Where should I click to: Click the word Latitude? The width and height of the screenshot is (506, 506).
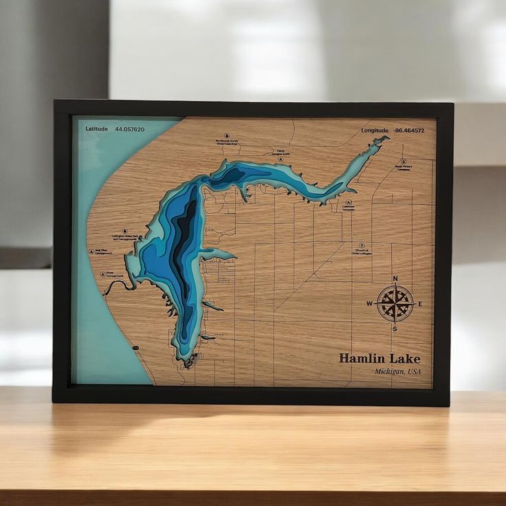pyautogui.click(x=97, y=129)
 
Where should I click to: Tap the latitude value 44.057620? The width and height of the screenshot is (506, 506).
pyautogui.click(x=130, y=129)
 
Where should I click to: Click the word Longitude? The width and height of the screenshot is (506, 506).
pyautogui.click(x=375, y=131)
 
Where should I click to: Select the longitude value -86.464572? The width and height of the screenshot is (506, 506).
pyautogui.click(x=409, y=131)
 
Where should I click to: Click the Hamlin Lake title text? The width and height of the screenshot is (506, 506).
pyautogui.click(x=379, y=358)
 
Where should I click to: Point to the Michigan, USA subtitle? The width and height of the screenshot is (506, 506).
pyautogui.click(x=397, y=372)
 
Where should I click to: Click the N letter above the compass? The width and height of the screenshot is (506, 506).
pyautogui.click(x=395, y=278)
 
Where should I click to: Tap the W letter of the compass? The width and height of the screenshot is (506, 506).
pyautogui.click(x=369, y=304)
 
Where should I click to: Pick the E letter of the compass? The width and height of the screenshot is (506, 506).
pyautogui.click(x=420, y=304)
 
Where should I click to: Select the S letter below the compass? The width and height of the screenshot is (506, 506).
pyautogui.click(x=395, y=329)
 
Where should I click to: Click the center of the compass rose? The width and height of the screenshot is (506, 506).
pyautogui.click(x=395, y=303)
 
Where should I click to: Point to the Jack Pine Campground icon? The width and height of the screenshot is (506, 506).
pyautogui.click(x=91, y=252)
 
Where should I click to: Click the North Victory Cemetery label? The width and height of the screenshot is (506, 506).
pyautogui.click(x=404, y=167)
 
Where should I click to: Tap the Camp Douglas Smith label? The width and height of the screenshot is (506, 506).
pyautogui.click(x=280, y=153)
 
